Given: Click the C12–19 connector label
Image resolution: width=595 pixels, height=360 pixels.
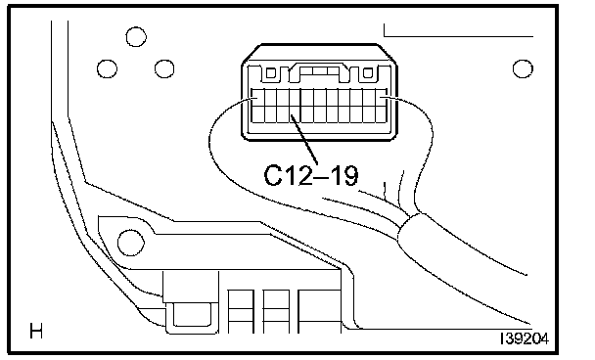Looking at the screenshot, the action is tap(311, 175).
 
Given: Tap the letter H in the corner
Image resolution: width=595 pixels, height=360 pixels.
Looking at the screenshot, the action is tap(36, 331).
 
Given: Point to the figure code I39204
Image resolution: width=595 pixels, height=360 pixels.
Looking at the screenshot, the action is tap(525, 338).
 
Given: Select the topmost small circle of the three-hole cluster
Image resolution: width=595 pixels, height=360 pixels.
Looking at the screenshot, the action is tap(136, 37).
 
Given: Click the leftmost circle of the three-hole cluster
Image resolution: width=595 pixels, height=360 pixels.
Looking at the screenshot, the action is tap(107, 69).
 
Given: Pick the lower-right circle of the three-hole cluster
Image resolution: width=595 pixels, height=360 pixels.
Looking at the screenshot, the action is tap(164, 69).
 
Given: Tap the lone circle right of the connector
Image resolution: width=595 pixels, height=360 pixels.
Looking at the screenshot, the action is tap(523, 68).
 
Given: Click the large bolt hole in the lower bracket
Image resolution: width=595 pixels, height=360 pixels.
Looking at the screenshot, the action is tap(131, 243).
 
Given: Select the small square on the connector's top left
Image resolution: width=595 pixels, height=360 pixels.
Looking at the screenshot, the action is tap(270, 72).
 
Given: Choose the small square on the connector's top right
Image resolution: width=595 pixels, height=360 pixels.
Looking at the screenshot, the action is tap(367, 72).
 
